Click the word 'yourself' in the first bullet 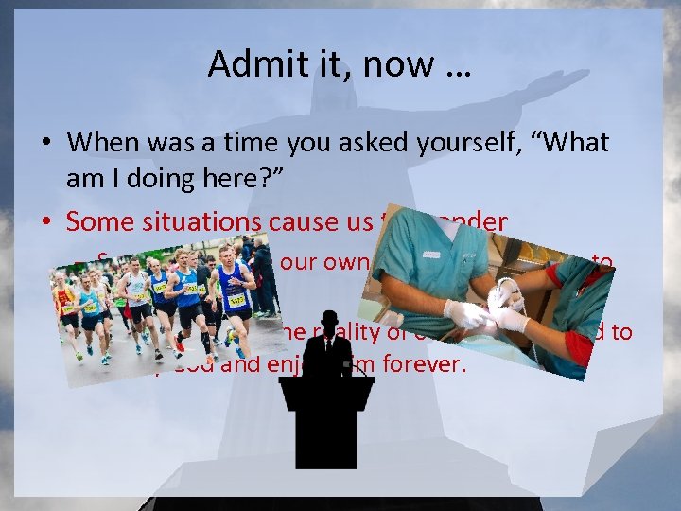[420, 143]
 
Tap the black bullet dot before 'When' [45, 144]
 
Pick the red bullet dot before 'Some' [45, 221]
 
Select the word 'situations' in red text [189, 221]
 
